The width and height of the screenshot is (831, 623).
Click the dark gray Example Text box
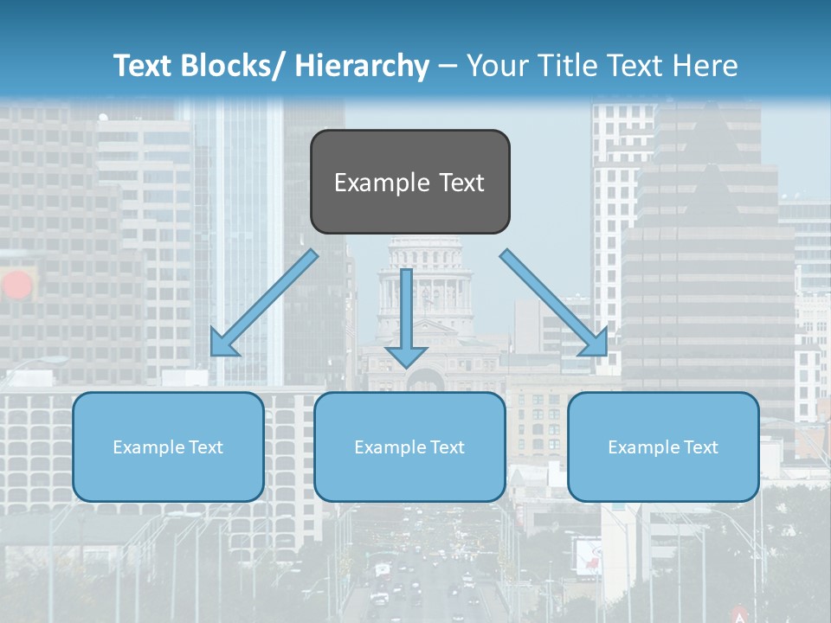pos(409,182)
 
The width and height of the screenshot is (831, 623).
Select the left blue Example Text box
pos(168,446)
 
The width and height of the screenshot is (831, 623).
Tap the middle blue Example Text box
pos(409,446)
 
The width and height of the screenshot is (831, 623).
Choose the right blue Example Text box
pos(663,446)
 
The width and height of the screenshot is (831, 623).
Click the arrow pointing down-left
pos(263,304)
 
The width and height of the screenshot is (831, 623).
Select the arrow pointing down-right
pos(554,302)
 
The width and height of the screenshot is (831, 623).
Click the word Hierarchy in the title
pos(362,66)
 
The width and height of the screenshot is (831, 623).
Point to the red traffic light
pos(17,285)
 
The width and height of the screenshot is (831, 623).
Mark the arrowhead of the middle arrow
pos(406,355)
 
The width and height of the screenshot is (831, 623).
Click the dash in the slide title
pos(448,66)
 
